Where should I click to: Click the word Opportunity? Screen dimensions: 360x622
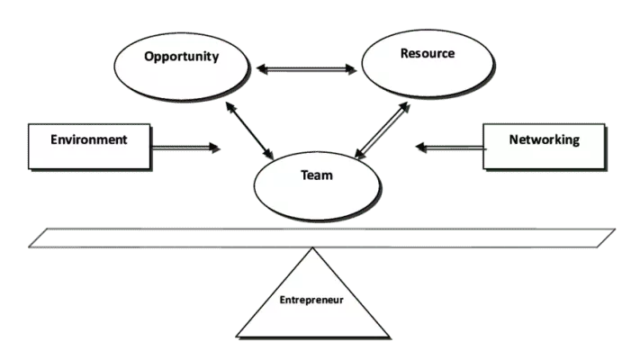click(182, 57)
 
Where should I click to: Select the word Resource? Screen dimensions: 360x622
click(427, 54)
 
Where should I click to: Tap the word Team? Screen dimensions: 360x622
click(316, 175)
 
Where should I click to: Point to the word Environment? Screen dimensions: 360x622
click(88, 139)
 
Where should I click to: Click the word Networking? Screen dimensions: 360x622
click(544, 139)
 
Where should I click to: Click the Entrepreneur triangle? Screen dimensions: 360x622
click(311, 315)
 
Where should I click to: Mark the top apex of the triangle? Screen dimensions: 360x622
click(311, 253)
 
